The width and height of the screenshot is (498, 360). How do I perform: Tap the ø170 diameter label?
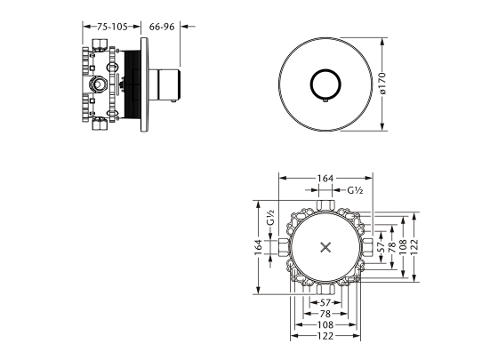click(382, 85)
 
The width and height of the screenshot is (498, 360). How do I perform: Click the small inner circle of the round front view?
click(324, 85)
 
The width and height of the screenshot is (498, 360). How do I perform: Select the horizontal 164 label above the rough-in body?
click(325, 180)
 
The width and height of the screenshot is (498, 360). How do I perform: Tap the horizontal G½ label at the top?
click(357, 190)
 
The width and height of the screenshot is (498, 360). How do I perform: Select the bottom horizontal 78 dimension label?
click(325, 314)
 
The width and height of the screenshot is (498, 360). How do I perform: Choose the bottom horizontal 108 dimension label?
click(325, 325)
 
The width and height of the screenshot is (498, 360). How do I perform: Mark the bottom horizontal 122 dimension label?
click(325, 337)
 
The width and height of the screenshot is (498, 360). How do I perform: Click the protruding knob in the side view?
click(166, 84)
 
